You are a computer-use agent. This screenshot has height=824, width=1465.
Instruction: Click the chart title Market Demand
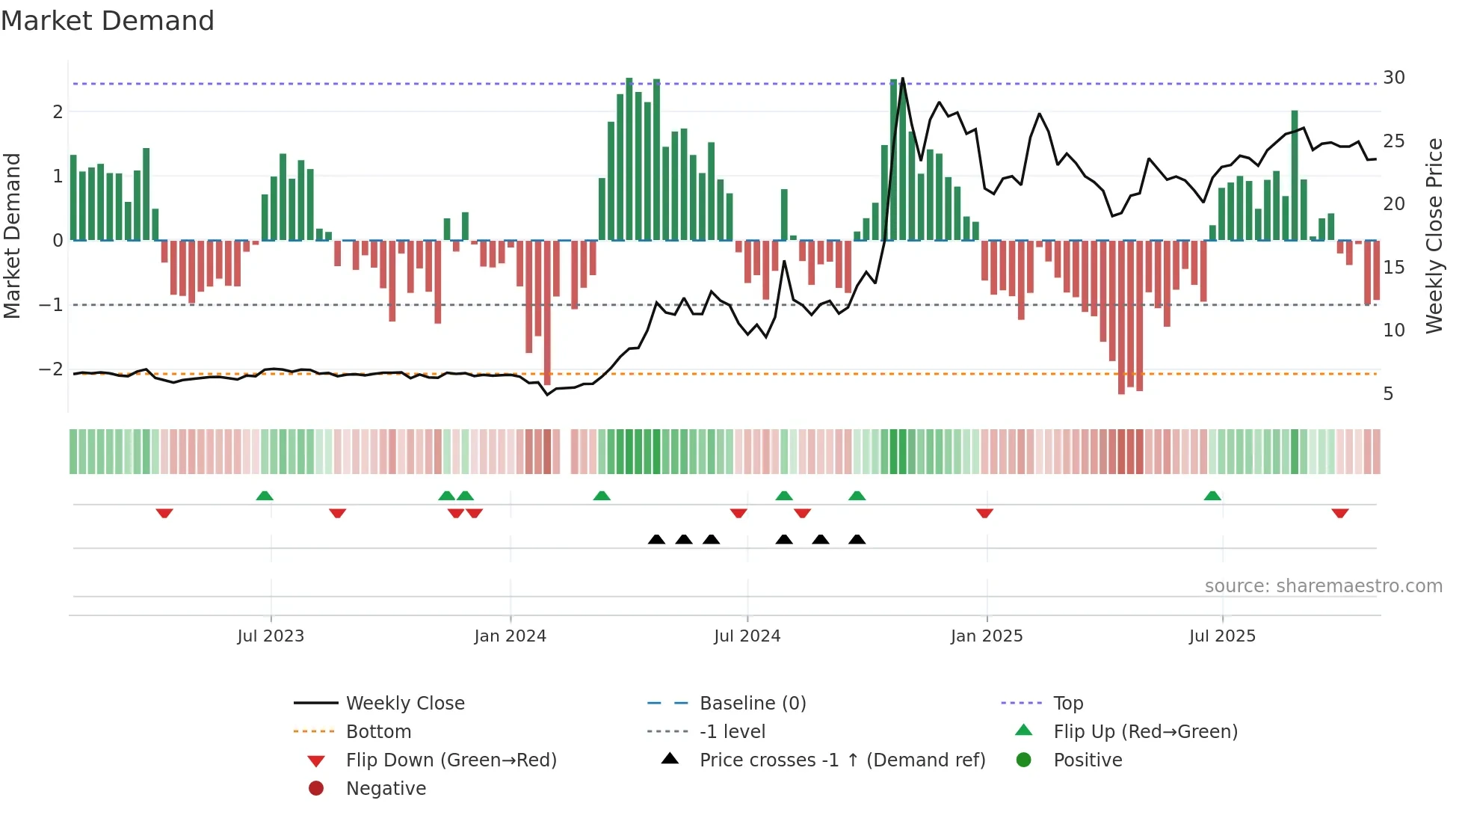point(108,21)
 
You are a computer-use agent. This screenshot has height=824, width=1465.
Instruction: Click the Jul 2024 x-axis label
point(747,636)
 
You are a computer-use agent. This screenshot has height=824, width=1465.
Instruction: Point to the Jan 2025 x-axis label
point(986,636)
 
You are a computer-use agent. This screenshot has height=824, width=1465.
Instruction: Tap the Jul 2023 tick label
point(271,636)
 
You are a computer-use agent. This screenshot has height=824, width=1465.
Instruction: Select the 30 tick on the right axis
point(1393,78)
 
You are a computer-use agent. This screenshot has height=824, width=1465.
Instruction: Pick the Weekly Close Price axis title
point(1434,236)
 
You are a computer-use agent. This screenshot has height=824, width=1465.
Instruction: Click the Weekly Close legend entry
point(404,704)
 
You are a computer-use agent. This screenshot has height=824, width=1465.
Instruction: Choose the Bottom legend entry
point(378,732)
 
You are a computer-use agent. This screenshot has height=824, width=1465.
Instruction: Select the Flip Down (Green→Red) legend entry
point(451,760)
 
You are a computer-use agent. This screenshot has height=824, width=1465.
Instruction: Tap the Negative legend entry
point(386,789)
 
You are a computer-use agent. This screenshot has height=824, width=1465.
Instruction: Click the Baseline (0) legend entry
point(752,704)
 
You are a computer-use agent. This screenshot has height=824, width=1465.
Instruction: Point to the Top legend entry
point(1067,704)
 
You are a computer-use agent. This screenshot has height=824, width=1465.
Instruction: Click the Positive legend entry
point(1088,760)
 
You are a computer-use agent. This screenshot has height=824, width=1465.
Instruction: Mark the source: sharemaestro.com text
point(1323,586)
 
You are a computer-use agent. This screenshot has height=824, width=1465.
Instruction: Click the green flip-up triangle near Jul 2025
point(1212,496)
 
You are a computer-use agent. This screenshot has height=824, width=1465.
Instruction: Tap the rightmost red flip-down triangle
point(1339,513)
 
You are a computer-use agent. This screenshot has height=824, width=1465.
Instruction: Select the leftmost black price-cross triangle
point(656,539)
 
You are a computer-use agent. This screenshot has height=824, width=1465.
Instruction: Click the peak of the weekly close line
point(903,79)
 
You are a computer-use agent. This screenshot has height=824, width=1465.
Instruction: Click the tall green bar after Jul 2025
point(1295,176)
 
